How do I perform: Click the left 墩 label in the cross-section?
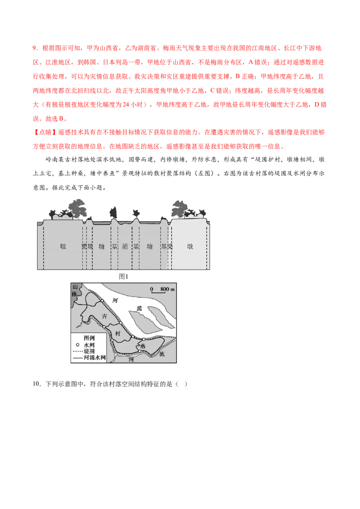tap(63, 246)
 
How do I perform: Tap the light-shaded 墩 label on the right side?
tap(191, 246)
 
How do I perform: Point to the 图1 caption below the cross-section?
tap(124, 277)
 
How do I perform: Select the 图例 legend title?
tap(90, 338)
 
